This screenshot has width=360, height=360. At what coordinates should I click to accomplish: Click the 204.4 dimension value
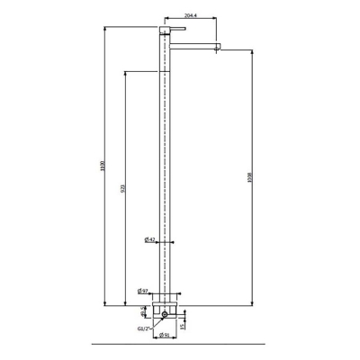(x=190, y=16)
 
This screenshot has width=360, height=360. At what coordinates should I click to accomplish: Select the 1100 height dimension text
(x=101, y=167)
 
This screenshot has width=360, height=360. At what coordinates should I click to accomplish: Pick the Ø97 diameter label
(x=143, y=291)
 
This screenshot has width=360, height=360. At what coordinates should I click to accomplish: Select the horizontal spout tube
(x=193, y=43)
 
